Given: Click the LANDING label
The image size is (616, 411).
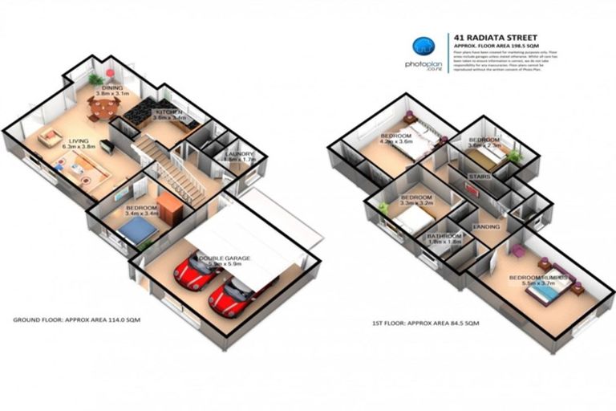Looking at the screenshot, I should (x=487, y=226).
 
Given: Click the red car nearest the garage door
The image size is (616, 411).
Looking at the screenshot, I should (x=227, y=297).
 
